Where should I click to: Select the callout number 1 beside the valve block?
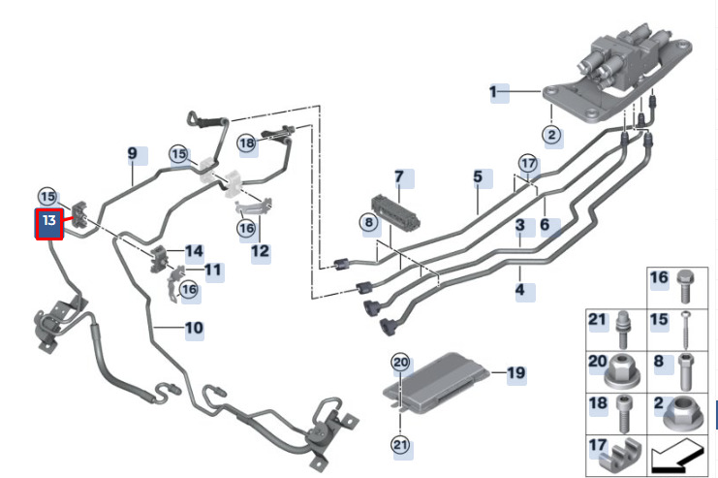click(493, 93)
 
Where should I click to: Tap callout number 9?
click(134, 154)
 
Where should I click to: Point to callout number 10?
click(194, 329)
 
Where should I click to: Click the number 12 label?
click(260, 252)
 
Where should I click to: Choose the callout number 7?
click(398, 177)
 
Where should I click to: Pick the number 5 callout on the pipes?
click(478, 177)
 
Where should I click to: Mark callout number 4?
click(520, 289)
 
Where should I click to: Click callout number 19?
click(515, 372)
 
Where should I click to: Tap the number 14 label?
click(194, 252)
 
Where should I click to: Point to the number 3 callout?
click(520, 226)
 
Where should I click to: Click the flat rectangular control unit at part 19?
click(442, 383)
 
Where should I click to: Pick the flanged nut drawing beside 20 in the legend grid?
click(621, 369)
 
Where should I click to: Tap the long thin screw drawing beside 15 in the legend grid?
click(686, 329)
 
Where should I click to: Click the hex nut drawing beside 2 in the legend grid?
click(686, 414)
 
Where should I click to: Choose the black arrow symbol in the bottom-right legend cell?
click(685, 454)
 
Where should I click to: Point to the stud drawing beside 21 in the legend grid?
click(623, 327)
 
